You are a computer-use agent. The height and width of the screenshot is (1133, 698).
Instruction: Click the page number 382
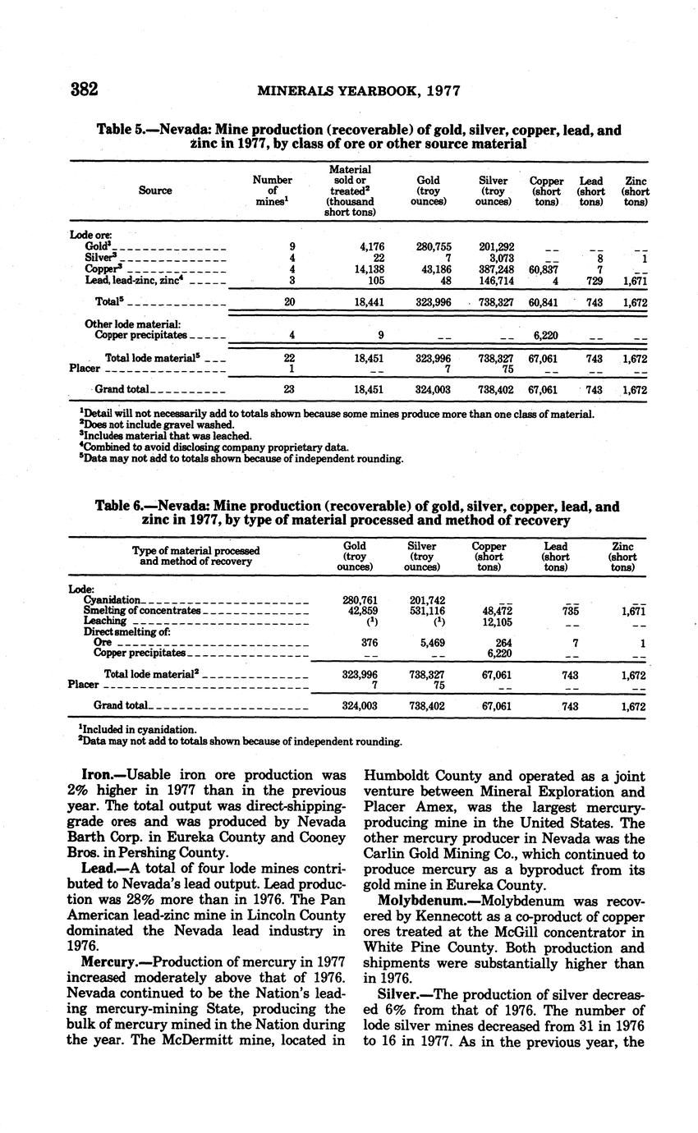85,89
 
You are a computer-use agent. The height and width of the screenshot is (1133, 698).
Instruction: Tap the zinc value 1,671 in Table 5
635,281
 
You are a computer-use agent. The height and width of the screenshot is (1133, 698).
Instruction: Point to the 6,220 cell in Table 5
546,335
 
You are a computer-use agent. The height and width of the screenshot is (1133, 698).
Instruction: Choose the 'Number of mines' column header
273,190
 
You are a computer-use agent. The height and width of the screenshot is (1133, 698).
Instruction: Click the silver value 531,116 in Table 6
425,611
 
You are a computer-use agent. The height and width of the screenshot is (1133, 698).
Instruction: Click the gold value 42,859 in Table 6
357,611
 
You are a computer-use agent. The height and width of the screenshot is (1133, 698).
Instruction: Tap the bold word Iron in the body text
98,775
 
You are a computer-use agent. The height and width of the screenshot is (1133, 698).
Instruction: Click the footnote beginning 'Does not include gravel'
157,424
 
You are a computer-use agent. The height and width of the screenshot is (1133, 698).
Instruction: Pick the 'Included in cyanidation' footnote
138,729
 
